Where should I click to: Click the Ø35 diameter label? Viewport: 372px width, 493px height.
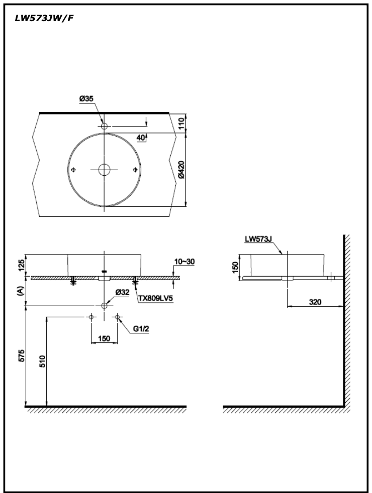coord(86,99)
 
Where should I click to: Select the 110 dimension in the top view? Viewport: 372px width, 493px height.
coord(181,122)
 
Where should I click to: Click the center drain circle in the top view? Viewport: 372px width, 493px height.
coord(104,170)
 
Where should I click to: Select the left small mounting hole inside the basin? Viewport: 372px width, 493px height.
coord(74,170)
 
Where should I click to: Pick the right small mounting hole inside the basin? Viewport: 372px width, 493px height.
coord(134,170)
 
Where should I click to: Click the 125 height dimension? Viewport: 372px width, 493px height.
coord(21,265)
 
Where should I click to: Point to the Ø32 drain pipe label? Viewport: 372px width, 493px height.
coord(123,292)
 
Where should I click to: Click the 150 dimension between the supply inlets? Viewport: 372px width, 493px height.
coord(104,338)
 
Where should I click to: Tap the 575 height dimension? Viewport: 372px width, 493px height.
coord(21,356)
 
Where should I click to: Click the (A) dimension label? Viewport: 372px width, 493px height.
coord(21,291)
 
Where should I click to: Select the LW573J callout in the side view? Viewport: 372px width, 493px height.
coord(258,239)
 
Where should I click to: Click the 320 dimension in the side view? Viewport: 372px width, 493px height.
coord(315,302)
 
